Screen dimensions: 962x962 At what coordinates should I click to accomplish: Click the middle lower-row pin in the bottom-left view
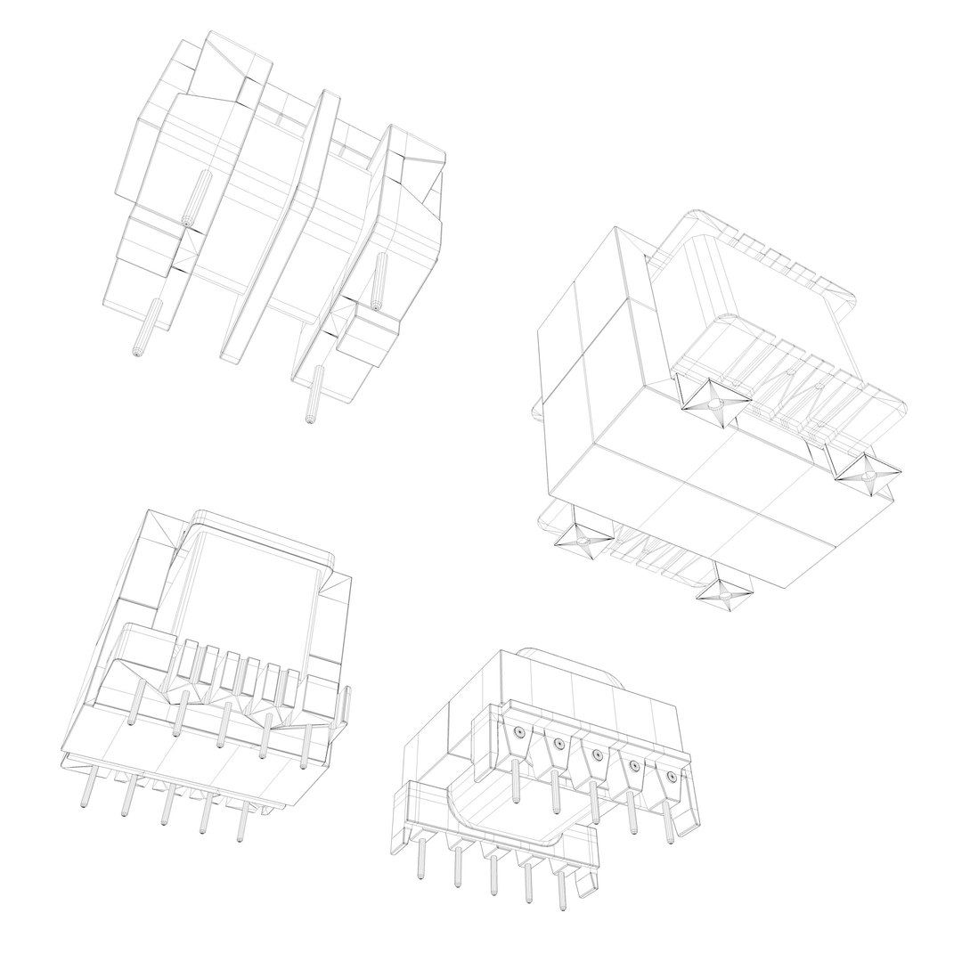(x=164, y=811)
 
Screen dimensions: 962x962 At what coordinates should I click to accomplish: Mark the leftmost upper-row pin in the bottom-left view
(x=134, y=707)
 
